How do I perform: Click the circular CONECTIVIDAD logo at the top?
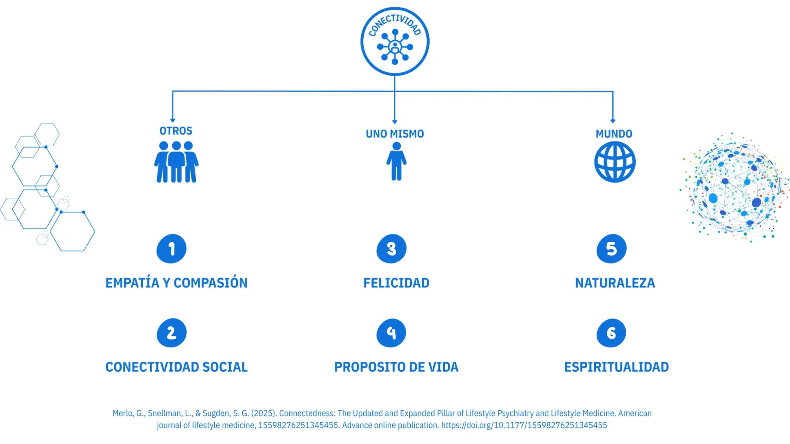395,42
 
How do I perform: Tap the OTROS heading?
176,131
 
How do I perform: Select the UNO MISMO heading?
395,134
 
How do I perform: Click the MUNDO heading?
614,134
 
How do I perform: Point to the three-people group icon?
177,162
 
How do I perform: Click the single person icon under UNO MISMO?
396,161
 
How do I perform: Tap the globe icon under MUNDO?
615,162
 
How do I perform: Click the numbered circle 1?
172,249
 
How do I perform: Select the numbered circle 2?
172,333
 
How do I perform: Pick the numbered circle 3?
391,249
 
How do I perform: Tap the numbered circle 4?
391,333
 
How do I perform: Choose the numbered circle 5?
611,249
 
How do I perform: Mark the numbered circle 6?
611,333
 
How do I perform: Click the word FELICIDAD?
396,283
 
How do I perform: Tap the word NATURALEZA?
615,283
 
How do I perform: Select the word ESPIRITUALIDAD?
616,367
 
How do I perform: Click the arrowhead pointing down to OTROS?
173,120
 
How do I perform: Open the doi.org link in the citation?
524,425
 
